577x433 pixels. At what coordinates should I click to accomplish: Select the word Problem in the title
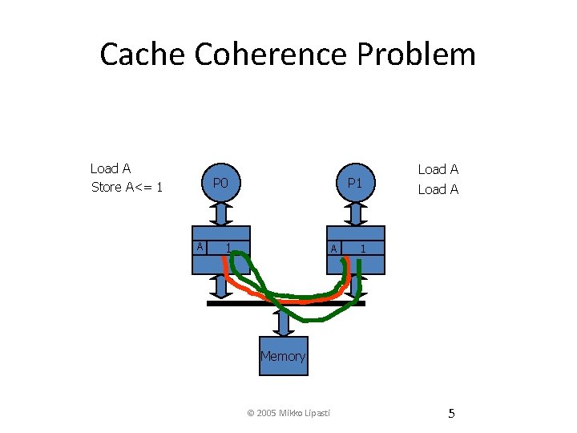pyautogui.click(x=417, y=55)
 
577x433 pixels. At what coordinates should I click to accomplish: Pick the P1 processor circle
pyautogui.click(x=352, y=184)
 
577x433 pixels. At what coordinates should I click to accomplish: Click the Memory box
pyautogui.click(x=283, y=356)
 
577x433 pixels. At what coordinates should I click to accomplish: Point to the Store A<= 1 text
pyautogui.click(x=127, y=188)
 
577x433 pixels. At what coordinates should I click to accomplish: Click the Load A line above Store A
pyautogui.click(x=111, y=168)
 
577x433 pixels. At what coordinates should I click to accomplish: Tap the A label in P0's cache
pyautogui.click(x=199, y=246)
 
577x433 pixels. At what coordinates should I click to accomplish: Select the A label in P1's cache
pyautogui.click(x=333, y=249)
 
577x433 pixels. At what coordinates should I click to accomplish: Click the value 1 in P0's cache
pyautogui.click(x=228, y=246)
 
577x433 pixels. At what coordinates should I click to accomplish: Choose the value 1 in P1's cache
pyautogui.click(x=363, y=249)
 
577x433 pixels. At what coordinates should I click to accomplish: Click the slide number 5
pyautogui.click(x=451, y=414)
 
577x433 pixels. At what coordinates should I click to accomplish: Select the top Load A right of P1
pyautogui.click(x=438, y=169)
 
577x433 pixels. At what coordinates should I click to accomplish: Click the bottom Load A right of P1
pyautogui.click(x=438, y=189)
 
